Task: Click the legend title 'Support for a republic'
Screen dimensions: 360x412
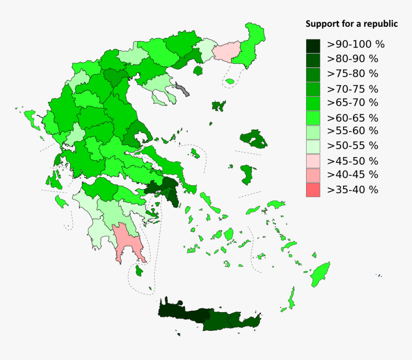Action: pos(352,24)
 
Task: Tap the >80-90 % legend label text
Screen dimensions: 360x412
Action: pos(353,59)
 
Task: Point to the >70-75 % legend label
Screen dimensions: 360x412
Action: pos(353,89)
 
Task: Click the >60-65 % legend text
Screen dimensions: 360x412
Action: pos(353,117)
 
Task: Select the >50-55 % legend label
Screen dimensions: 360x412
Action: pos(353,146)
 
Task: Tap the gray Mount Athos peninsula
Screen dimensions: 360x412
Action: pos(183,89)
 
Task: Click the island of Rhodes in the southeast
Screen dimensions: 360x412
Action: pos(321,274)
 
